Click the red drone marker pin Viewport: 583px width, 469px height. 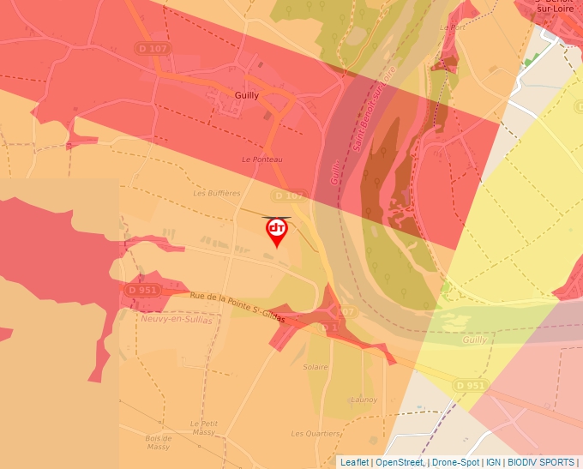(x=277, y=231)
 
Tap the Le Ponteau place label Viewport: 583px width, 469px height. (x=261, y=159)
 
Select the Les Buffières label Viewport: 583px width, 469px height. (x=217, y=193)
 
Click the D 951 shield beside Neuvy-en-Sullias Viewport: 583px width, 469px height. (x=142, y=290)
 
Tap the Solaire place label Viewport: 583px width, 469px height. (x=316, y=367)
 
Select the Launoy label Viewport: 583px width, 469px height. (x=364, y=400)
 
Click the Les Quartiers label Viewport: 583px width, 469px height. (x=316, y=434)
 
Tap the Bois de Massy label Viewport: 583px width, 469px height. (x=158, y=442)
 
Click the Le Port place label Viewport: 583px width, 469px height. (x=452, y=27)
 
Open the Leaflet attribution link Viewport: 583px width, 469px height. (x=354, y=462)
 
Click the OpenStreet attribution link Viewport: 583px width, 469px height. (x=400, y=462)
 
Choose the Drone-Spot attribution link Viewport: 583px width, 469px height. (x=455, y=462)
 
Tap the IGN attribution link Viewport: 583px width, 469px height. (x=493, y=462)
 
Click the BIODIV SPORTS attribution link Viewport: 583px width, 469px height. (x=542, y=462)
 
